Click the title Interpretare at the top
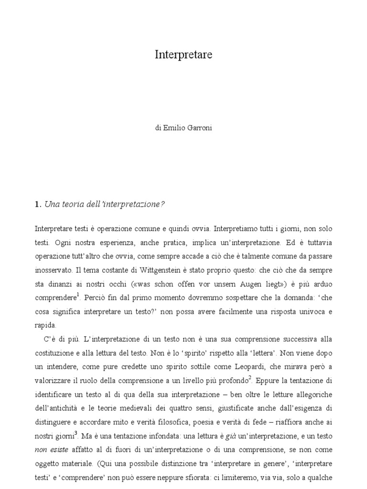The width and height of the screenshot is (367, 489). pyautogui.click(x=183, y=55)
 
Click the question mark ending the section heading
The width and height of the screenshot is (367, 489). pyautogui.click(x=162, y=204)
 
